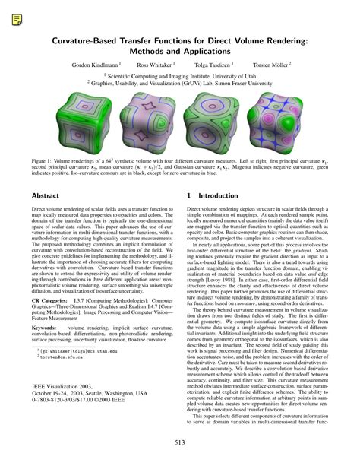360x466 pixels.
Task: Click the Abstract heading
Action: coord(45,195)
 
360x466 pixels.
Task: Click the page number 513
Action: coord(179,443)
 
